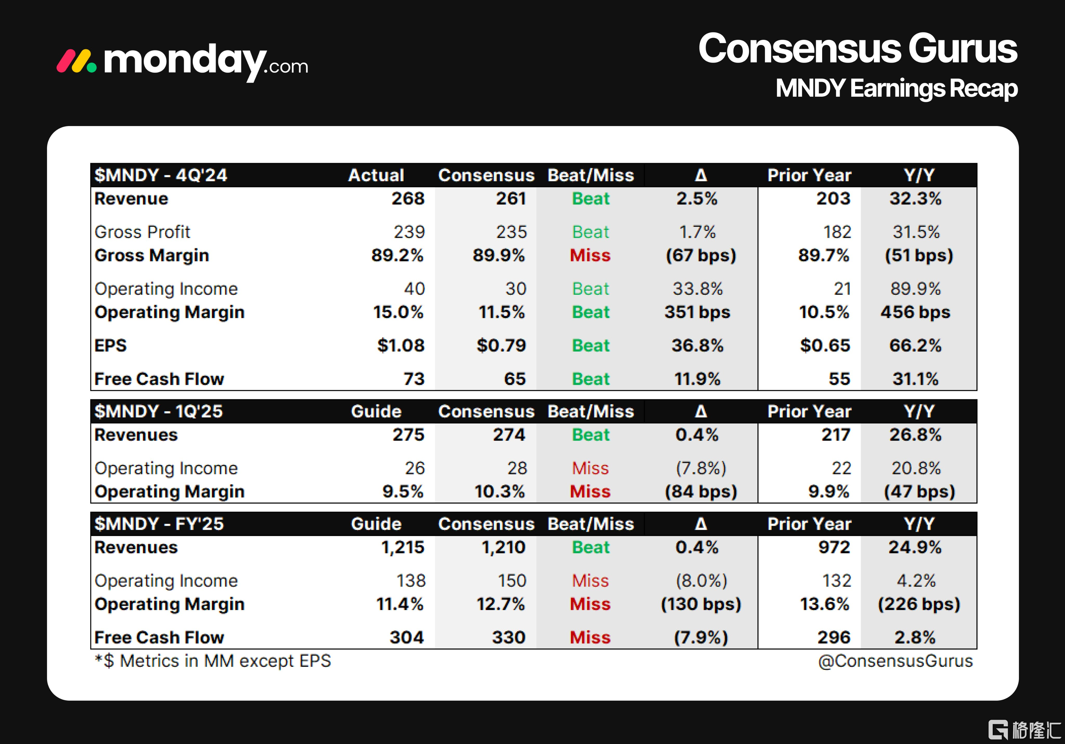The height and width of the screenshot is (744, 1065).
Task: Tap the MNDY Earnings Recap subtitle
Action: click(x=896, y=88)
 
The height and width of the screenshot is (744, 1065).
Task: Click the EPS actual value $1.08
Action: click(x=401, y=345)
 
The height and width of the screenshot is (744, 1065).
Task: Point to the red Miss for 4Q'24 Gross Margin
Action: click(x=590, y=256)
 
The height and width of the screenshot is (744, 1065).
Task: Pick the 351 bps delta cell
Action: click(x=697, y=312)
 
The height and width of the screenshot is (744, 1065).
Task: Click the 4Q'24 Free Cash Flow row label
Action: click(x=159, y=379)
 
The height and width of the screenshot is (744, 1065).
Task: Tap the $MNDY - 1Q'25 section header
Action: click(x=159, y=412)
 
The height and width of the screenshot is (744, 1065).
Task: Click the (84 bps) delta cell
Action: click(x=700, y=492)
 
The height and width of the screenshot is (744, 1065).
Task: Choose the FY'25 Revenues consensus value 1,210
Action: click(x=503, y=547)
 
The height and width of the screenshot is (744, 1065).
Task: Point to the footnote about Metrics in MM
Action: click(x=213, y=661)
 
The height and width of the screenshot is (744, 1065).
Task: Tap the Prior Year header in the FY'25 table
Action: click(x=809, y=524)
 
